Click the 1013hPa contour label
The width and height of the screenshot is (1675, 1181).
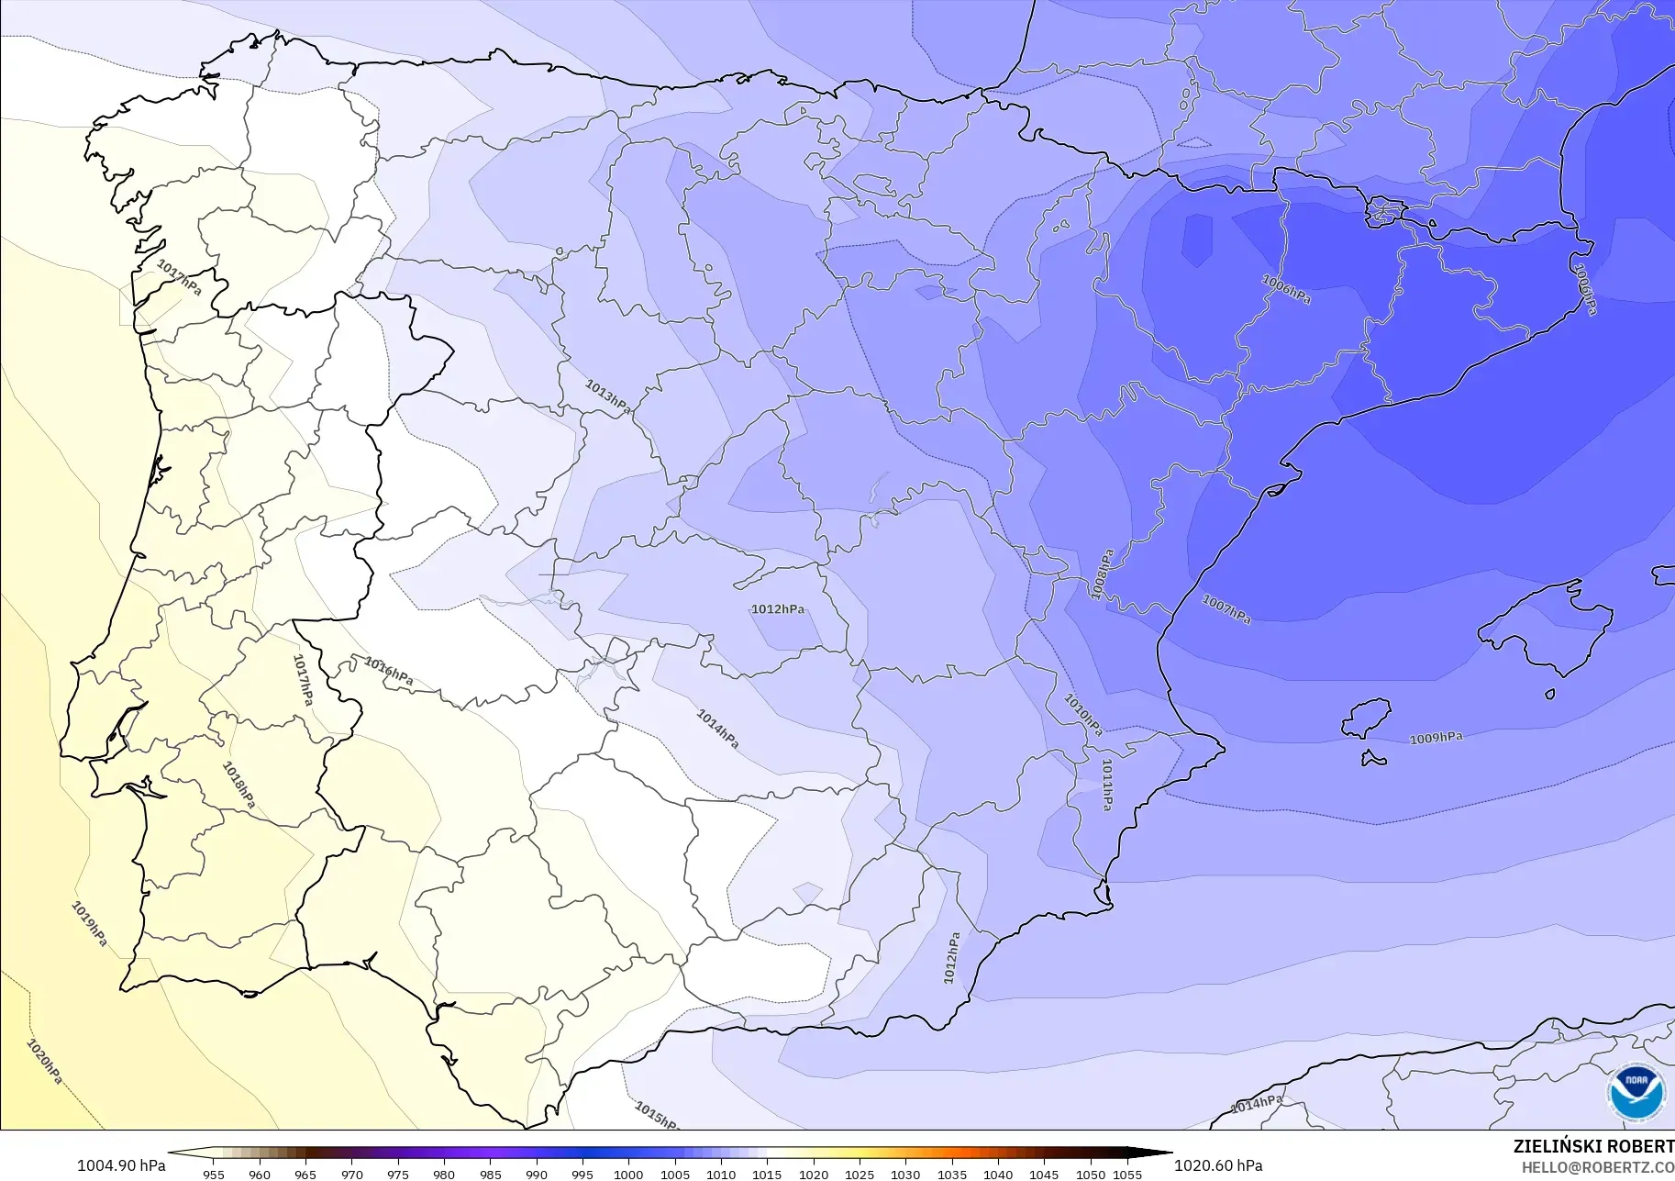607,396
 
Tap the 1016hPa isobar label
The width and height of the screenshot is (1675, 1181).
388,672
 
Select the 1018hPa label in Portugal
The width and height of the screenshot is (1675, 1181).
238,785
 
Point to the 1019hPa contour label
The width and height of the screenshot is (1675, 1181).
90,924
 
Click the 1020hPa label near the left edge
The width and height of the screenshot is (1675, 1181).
43,1063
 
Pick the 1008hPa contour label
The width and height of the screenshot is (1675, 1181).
1103,574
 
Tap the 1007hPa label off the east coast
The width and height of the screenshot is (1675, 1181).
1226,610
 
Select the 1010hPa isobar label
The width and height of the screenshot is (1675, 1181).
1082,715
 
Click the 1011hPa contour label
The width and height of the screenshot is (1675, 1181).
1107,785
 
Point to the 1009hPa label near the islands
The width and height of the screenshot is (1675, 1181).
1436,738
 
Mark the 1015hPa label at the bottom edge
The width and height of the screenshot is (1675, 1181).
656,1116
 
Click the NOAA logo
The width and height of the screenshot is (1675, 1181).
1636,1092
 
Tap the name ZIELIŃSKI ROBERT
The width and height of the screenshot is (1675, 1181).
1593,1147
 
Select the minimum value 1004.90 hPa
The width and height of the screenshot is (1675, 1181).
121,1165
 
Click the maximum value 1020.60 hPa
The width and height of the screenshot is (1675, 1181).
1218,1165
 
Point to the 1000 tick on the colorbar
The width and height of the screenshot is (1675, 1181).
628,1174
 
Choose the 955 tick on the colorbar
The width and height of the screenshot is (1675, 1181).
214,1174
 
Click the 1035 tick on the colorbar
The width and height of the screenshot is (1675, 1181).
952,1174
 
